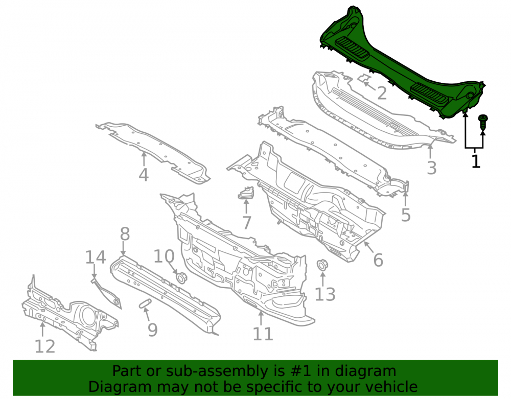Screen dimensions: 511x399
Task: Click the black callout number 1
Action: point(476,161)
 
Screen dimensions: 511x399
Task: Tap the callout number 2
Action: point(382,93)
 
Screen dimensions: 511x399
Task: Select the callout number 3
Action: point(432,168)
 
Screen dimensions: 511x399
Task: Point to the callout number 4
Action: point(144,175)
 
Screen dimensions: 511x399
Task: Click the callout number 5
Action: point(406,215)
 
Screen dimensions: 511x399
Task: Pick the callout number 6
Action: point(378,260)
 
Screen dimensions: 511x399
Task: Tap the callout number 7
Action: point(247,223)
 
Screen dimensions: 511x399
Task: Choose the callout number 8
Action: point(125,234)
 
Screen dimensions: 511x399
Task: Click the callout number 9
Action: point(152,330)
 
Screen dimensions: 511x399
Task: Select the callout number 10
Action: point(164,256)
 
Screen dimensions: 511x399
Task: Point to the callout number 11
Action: point(263,334)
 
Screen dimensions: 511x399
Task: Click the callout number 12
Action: point(45,346)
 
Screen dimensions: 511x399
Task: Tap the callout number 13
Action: point(325,294)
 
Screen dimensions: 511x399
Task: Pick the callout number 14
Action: point(96,257)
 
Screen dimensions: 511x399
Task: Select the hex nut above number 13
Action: point(322,265)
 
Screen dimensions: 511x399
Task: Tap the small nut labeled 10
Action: point(181,278)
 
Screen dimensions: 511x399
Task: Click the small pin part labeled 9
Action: point(145,303)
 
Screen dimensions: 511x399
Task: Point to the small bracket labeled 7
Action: point(246,193)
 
